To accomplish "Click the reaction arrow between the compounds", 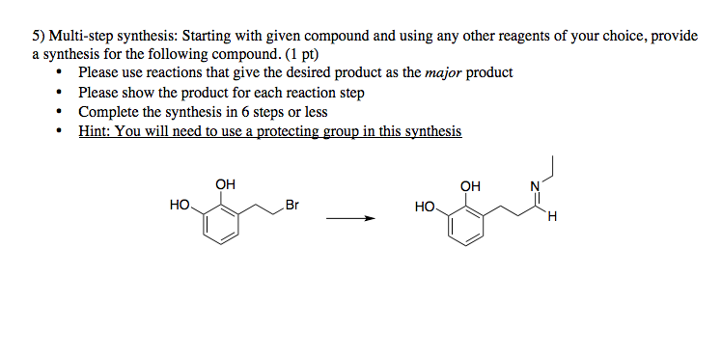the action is [x=348, y=218].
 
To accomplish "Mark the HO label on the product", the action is [x=424, y=206].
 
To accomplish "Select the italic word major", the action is [x=443, y=72].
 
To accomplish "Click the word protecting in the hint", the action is [x=293, y=130].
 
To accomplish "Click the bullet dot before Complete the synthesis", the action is [x=62, y=112].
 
